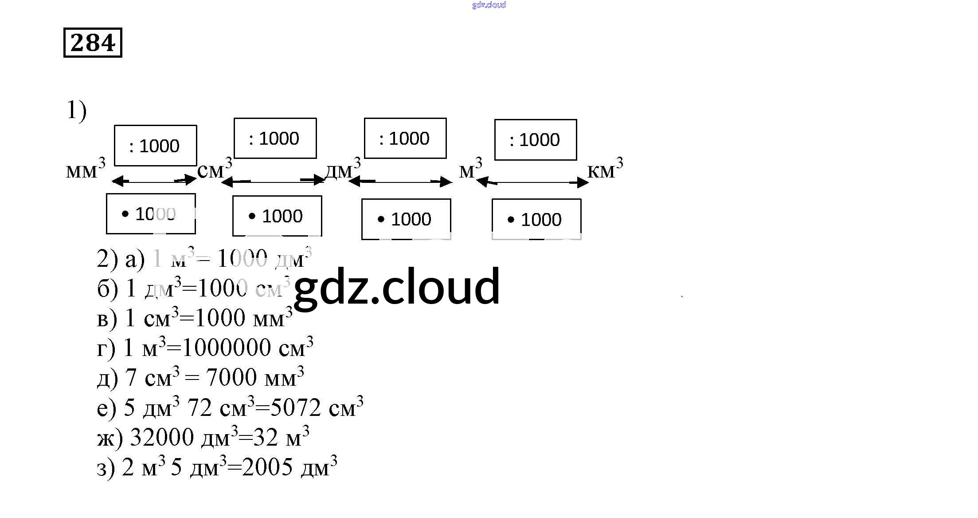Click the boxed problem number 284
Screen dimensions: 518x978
[x=93, y=43]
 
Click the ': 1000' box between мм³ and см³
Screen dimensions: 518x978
[x=155, y=146]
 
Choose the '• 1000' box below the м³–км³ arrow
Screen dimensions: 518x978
[x=536, y=219]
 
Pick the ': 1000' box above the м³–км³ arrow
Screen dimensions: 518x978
[x=536, y=140]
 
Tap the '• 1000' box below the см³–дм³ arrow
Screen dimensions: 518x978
[x=277, y=216]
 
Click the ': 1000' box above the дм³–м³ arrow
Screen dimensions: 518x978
[x=405, y=138]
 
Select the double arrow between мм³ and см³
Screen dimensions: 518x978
[x=154, y=181]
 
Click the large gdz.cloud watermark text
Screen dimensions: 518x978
[x=397, y=287]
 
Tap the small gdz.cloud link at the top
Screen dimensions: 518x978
[x=489, y=5]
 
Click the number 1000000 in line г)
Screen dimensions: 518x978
[x=226, y=348]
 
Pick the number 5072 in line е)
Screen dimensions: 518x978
[x=295, y=407]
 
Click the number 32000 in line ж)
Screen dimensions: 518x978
[x=162, y=437]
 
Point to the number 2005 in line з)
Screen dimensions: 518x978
[x=267, y=467]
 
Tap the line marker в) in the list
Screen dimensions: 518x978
[x=107, y=319]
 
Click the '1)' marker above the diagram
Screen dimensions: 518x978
[x=76, y=111]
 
